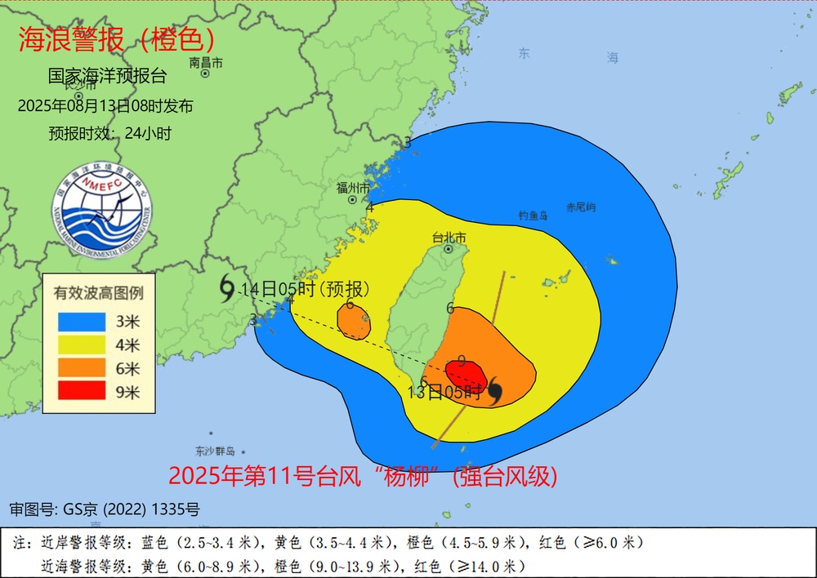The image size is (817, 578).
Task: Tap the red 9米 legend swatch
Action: (82, 392)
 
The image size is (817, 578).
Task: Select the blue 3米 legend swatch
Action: (82, 321)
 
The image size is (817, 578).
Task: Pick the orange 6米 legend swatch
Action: (82, 368)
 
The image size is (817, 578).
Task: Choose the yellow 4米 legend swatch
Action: (82, 345)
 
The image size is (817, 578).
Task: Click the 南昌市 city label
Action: (205, 62)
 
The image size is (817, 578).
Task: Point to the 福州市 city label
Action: (353, 188)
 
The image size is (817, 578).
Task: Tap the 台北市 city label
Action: (449, 238)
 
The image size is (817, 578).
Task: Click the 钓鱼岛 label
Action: (534, 216)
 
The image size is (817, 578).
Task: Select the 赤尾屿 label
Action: (581, 207)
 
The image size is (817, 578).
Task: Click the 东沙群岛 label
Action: (215, 451)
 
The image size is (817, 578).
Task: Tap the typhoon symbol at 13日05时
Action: (493, 394)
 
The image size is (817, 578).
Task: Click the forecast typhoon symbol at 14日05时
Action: (226, 287)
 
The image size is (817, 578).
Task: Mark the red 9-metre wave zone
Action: (467, 376)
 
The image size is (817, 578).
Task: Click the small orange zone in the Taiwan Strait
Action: (354, 322)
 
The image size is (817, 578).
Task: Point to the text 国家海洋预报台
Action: (107, 77)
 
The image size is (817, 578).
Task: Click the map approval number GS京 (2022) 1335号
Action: (105, 510)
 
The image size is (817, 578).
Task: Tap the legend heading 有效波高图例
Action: (99, 291)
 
